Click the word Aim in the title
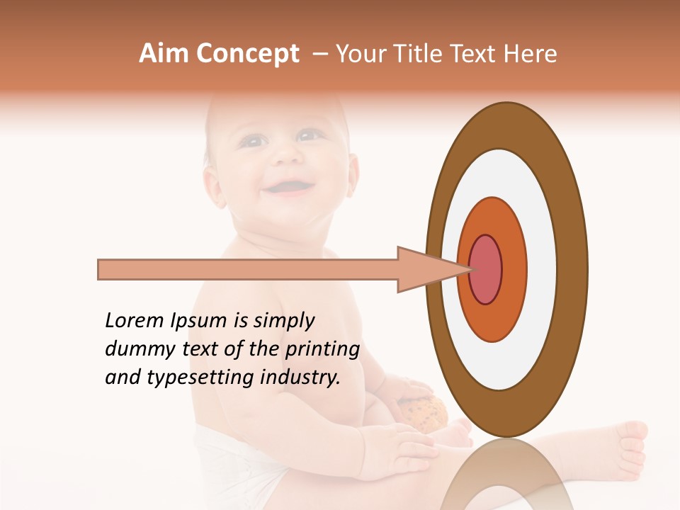click(164, 54)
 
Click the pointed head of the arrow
click(432, 270)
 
